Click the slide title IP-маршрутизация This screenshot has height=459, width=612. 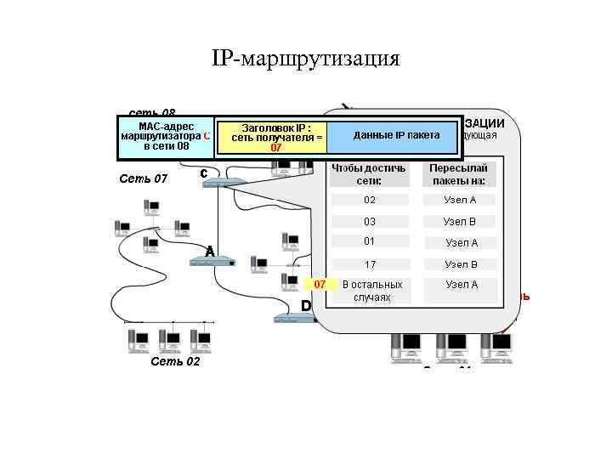click(305, 59)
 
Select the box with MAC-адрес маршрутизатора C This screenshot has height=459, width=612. click(166, 136)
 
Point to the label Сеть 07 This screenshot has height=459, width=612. click(144, 178)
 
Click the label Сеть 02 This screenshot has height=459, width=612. click(174, 361)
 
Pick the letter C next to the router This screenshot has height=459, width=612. click(204, 173)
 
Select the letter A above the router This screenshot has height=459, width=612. click(208, 251)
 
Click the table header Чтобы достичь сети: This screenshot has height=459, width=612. click(369, 174)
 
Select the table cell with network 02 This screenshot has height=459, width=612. click(369, 200)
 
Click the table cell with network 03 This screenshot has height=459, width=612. click(369, 221)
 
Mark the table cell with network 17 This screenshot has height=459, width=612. click(369, 264)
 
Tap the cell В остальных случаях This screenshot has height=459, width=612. click(371, 291)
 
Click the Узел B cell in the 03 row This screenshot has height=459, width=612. click(460, 221)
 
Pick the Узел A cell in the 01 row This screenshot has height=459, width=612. click(462, 242)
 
